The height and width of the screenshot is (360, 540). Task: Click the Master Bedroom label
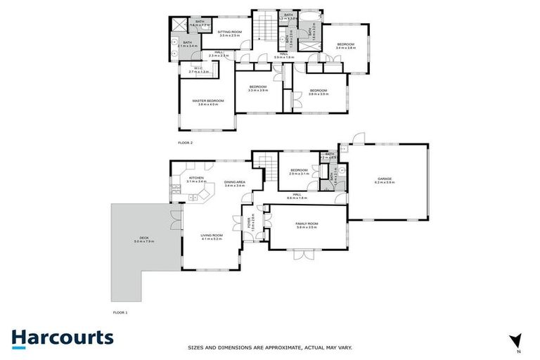[x=208, y=101]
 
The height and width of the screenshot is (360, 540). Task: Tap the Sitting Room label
[x=229, y=32]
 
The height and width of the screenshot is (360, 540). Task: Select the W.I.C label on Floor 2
[x=199, y=68]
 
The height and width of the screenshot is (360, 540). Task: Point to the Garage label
[x=385, y=179]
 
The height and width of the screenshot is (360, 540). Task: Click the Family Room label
[x=307, y=224]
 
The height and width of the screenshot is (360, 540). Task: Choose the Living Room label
[x=211, y=236]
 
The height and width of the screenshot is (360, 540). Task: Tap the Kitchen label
[x=196, y=179]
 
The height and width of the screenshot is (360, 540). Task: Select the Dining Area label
[x=234, y=183]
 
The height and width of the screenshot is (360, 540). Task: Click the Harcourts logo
[x=63, y=337]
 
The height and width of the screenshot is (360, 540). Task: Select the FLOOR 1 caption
[x=121, y=311]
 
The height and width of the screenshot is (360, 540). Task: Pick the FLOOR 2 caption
[x=185, y=143]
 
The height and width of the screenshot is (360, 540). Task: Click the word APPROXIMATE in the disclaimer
[x=269, y=347]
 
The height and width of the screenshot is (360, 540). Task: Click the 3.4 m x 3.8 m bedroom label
[x=346, y=46]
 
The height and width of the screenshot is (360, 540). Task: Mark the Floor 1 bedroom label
[x=300, y=171]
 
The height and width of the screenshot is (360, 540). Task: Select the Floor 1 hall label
[x=297, y=195]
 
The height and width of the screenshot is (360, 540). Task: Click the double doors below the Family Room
[x=303, y=255]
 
